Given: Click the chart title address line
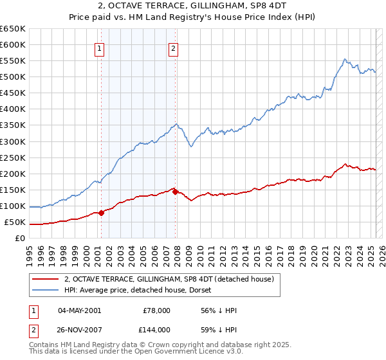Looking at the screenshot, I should [x=193, y=7].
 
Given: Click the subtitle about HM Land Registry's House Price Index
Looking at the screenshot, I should [x=193, y=19].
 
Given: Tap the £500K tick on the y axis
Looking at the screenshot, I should [x=13, y=77].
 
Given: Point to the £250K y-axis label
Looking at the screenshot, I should [x=13, y=157].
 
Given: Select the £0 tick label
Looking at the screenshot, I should [x=19, y=239].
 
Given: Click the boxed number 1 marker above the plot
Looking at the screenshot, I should [x=100, y=48].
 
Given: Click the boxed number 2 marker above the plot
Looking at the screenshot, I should [x=174, y=48].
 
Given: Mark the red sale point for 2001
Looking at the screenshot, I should [x=101, y=213].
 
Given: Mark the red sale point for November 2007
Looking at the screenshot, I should [x=176, y=192].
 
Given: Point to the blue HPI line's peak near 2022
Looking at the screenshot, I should [x=345, y=59].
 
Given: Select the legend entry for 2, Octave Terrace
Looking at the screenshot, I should [x=169, y=279].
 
